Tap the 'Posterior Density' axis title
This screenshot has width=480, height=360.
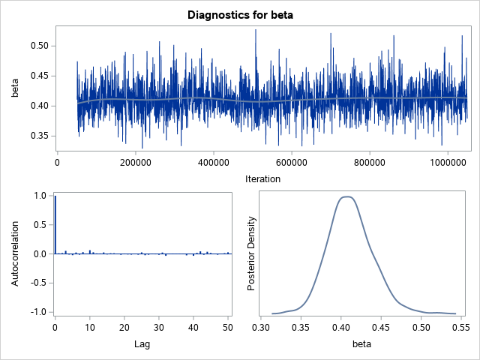pyautogui.click(x=253, y=254)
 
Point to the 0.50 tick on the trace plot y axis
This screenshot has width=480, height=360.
pyautogui.click(x=37, y=46)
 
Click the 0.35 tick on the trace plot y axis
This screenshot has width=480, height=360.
pyautogui.click(x=37, y=136)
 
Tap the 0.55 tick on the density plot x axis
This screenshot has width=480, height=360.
pyautogui.click(x=461, y=328)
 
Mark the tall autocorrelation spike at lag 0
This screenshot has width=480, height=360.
pyautogui.click(x=55, y=225)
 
